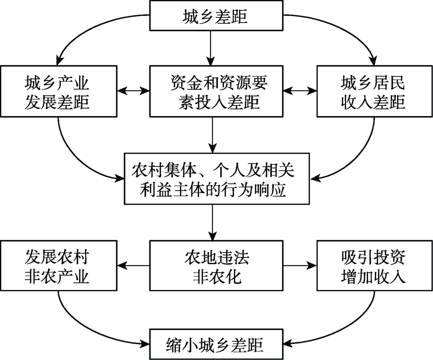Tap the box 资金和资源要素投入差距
(x=213, y=91)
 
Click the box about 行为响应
(x=213, y=178)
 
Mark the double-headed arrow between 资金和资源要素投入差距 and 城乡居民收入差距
(x=300, y=91)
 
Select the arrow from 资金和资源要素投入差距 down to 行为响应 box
(x=213, y=134)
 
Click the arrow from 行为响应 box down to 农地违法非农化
(x=213, y=222)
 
